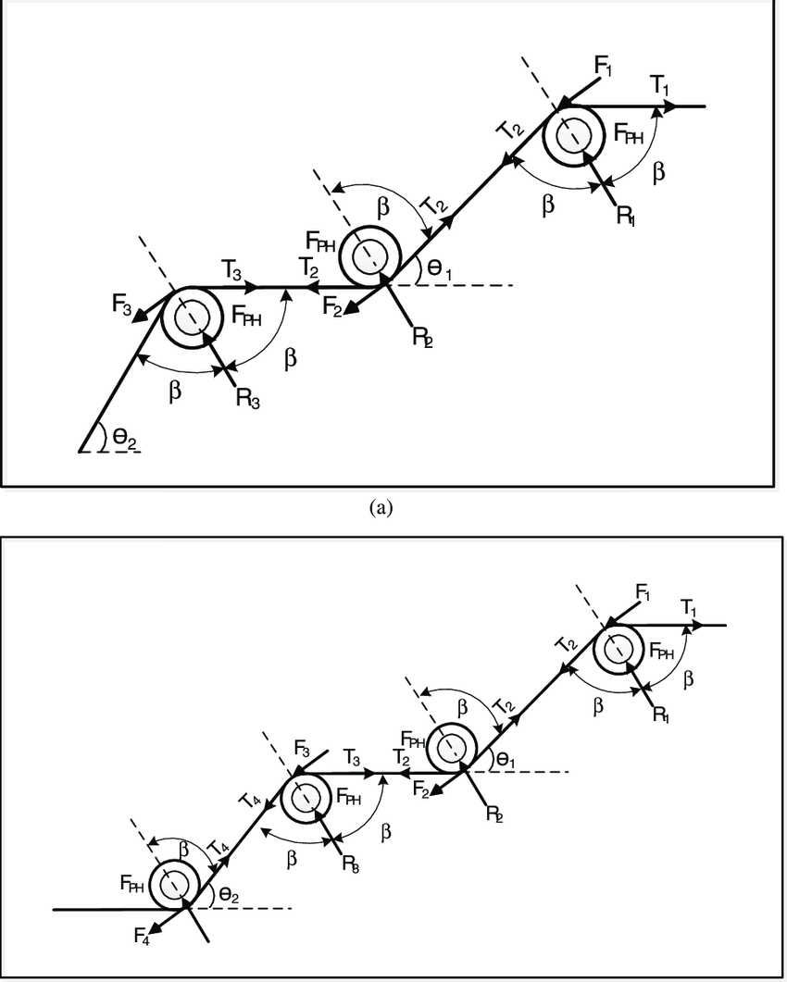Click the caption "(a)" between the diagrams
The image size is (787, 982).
[381, 507]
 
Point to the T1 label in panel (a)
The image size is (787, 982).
[659, 86]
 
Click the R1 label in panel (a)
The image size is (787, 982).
[627, 215]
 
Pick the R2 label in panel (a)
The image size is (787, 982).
[422, 336]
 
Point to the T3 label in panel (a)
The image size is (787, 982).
[233, 269]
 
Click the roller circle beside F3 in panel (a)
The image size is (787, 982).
[192, 317]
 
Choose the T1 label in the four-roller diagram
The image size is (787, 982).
[689, 607]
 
